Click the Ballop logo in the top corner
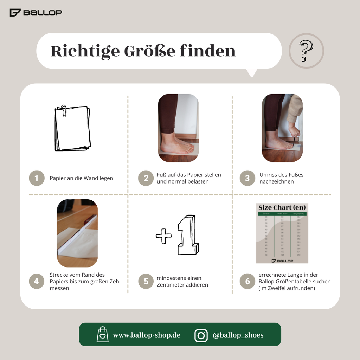click(x=36, y=13)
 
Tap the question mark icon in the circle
click(x=306, y=51)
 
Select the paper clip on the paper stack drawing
click(x=64, y=110)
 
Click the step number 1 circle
click(x=37, y=178)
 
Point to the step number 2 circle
click(x=146, y=178)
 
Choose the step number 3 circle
click(x=247, y=178)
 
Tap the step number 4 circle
click(x=37, y=281)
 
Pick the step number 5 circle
click(x=146, y=281)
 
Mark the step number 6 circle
click(x=247, y=281)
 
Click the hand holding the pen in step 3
click(x=294, y=131)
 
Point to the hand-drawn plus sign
click(x=164, y=236)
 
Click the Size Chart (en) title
click(x=282, y=207)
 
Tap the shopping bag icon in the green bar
click(x=102, y=335)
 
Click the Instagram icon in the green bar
click(x=201, y=335)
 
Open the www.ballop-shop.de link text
click(x=147, y=335)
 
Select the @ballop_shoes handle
click(x=238, y=335)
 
